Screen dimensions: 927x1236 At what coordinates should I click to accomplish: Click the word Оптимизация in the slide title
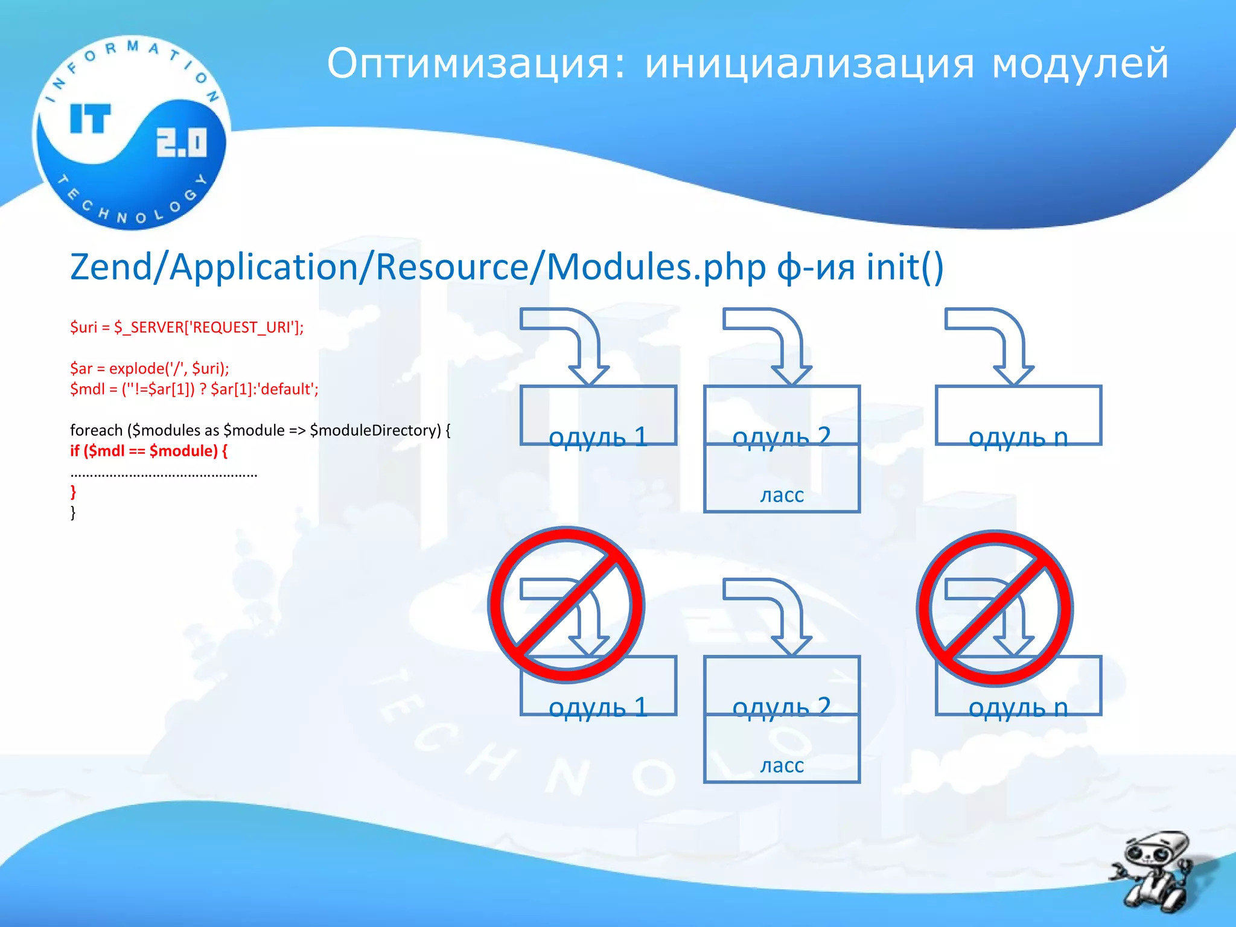[468, 64]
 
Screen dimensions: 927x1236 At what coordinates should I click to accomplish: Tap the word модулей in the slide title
[1079, 64]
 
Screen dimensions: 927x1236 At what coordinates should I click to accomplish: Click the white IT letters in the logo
[91, 118]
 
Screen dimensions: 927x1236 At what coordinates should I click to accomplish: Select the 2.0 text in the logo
[181, 143]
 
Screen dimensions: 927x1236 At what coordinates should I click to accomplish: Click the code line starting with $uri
[186, 327]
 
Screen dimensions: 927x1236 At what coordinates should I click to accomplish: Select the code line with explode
[149, 368]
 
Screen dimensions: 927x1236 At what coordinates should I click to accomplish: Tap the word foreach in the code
[96, 430]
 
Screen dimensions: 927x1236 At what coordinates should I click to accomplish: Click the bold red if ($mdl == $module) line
[148, 451]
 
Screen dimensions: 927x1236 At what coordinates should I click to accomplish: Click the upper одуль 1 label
[598, 437]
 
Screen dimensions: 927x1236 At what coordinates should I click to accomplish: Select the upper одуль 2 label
[782, 437]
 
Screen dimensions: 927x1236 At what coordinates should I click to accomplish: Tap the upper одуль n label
[1018, 437]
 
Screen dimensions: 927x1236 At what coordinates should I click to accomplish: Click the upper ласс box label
[782, 495]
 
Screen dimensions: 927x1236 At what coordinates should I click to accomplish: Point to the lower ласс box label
[782, 765]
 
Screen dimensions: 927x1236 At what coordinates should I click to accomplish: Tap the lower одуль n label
[1018, 707]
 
